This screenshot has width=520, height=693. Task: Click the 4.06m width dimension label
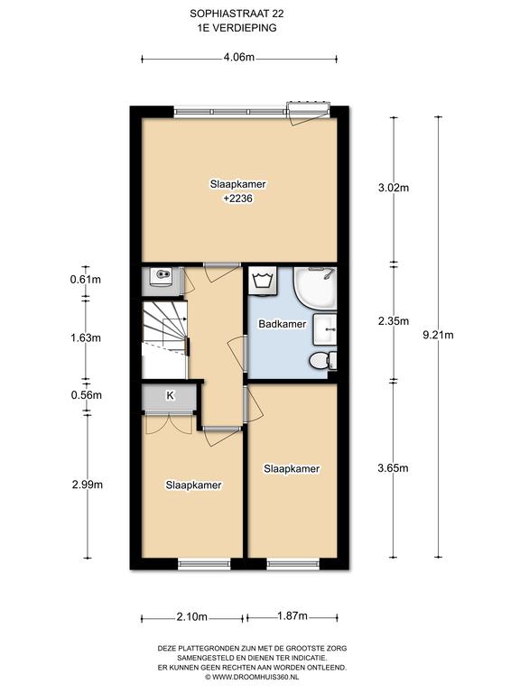[x=238, y=57]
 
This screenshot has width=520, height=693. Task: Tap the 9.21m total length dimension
[x=438, y=335]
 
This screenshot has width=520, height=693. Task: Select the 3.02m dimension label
[x=394, y=188]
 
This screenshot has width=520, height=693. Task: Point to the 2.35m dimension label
[x=394, y=321]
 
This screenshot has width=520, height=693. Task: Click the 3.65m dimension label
[x=393, y=468]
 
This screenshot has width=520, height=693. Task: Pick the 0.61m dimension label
[x=86, y=280]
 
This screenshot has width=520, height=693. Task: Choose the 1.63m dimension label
[x=86, y=338]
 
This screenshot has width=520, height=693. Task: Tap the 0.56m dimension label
[x=87, y=395]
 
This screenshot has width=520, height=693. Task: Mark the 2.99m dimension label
[x=88, y=485]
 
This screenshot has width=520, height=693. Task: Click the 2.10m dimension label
[x=192, y=617]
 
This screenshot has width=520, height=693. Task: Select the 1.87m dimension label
[x=292, y=616]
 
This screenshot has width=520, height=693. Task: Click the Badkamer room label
[x=282, y=324]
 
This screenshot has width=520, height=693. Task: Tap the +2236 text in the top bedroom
[x=238, y=199]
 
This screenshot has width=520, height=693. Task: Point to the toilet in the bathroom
[x=323, y=361]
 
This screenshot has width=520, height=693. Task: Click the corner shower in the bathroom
[x=316, y=289]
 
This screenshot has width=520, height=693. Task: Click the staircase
[x=164, y=339]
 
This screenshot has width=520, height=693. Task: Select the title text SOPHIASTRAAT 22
[x=237, y=14]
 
